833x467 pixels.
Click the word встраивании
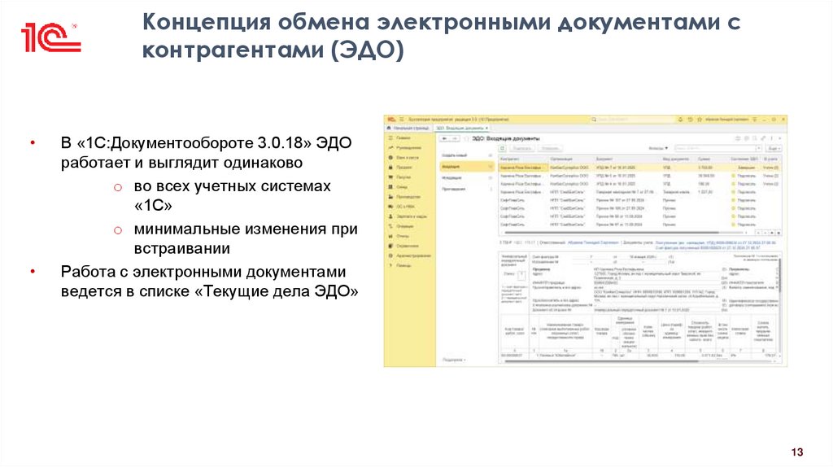tap(182, 248)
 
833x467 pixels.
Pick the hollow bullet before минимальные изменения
tap(117, 229)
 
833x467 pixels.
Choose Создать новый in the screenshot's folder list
tap(454, 154)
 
